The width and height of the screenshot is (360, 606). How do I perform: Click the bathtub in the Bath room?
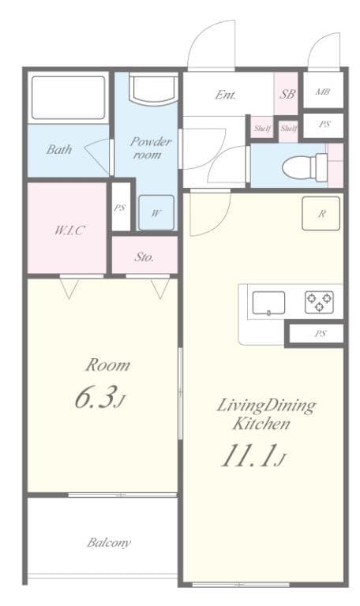click(x=68, y=97)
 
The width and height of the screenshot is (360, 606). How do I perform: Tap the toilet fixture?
click(x=305, y=166)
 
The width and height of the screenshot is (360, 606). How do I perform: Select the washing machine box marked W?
click(x=157, y=212)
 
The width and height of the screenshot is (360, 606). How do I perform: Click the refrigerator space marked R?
click(x=322, y=213)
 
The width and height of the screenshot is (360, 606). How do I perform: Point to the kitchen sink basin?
click(x=269, y=302)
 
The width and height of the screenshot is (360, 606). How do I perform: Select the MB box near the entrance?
click(x=322, y=93)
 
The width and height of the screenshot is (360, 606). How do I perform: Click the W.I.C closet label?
click(x=69, y=230)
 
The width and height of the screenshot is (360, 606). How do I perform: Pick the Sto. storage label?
click(x=144, y=257)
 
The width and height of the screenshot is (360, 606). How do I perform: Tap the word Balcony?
click(x=109, y=543)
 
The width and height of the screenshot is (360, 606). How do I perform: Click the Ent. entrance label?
click(x=226, y=95)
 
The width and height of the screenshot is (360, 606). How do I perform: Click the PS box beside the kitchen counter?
click(x=320, y=334)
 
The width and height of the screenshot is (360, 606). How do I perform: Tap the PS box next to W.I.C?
click(x=120, y=208)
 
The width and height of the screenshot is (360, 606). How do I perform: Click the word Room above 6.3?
click(x=107, y=365)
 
